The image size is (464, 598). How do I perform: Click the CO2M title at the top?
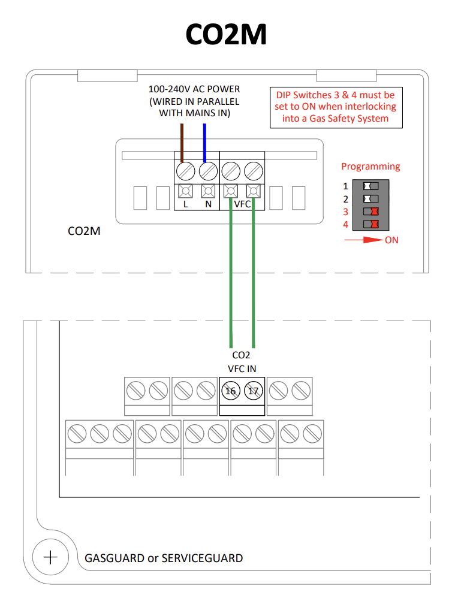(x=226, y=35)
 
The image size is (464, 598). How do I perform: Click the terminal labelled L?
(x=185, y=192)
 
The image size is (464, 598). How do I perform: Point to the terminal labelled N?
(x=208, y=192)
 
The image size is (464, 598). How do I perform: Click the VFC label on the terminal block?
(x=242, y=204)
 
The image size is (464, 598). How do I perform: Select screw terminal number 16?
(x=230, y=391)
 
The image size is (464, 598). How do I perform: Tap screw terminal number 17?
(x=254, y=391)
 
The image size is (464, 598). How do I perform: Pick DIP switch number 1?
(x=371, y=186)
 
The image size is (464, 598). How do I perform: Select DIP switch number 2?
(x=371, y=198)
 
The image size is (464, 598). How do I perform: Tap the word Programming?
(x=370, y=167)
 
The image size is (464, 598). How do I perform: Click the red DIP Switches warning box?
(x=335, y=107)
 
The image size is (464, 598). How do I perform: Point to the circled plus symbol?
(x=50, y=557)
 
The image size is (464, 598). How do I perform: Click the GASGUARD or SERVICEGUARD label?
(x=164, y=558)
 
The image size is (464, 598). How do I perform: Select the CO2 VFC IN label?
(x=242, y=361)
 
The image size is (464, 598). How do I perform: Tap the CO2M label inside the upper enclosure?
(x=84, y=231)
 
